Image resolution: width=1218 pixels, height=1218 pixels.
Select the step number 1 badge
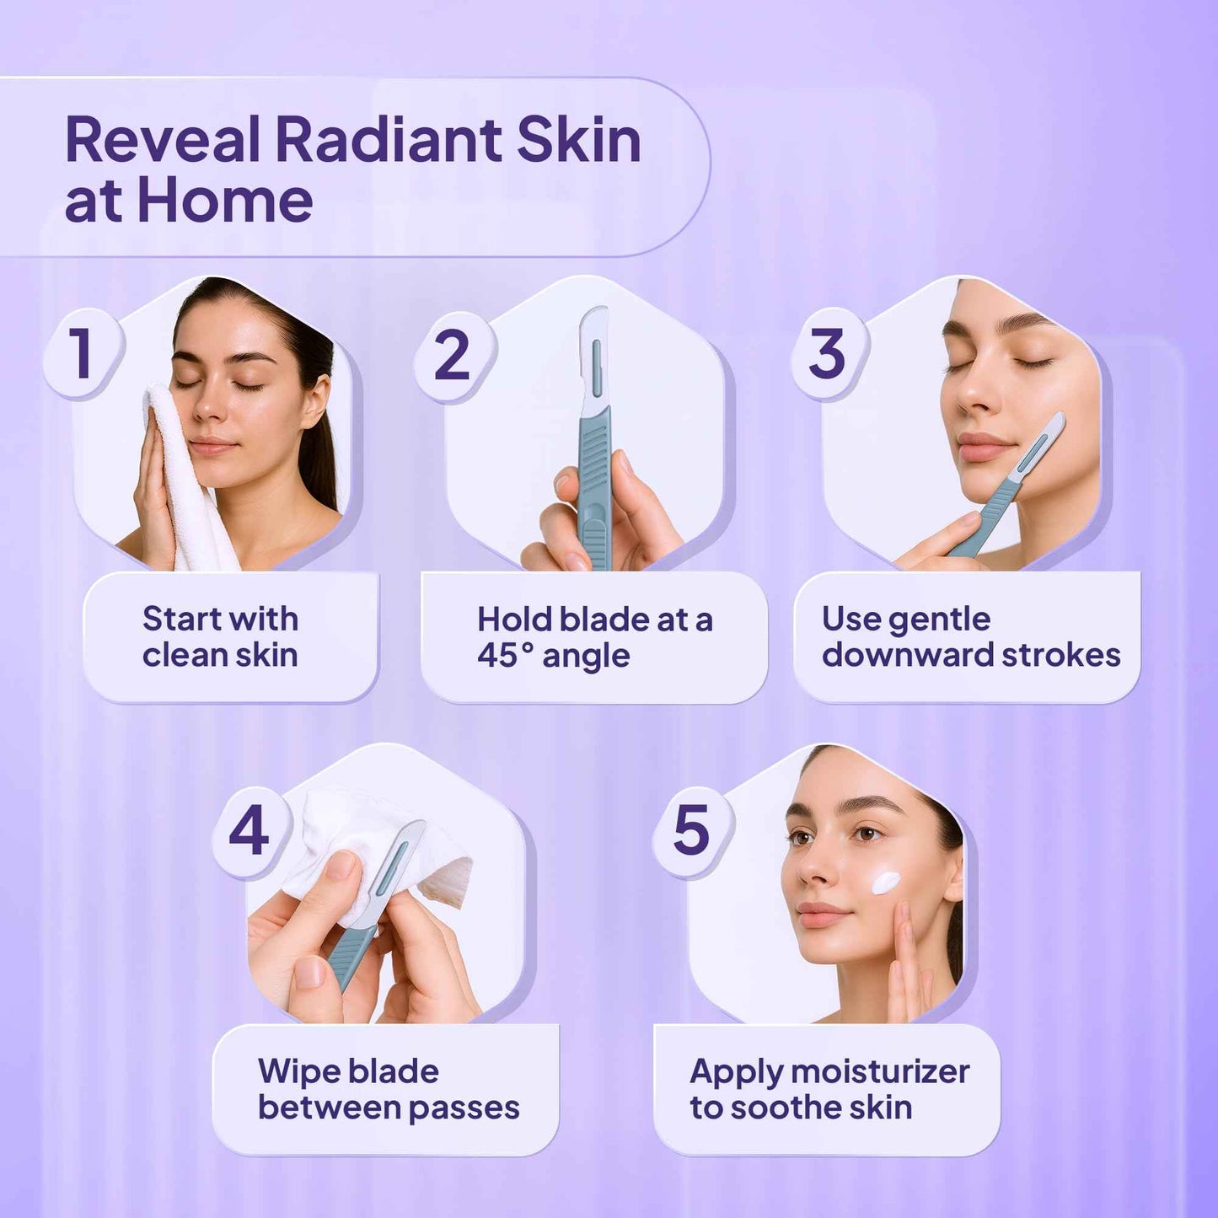(x=82, y=354)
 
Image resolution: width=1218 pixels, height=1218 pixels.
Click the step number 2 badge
(x=452, y=354)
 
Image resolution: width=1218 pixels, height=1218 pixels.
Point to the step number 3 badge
(x=827, y=354)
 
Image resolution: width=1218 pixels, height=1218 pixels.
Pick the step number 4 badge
(x=249, y=830)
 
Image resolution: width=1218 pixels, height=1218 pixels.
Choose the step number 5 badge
(x=691, y=830)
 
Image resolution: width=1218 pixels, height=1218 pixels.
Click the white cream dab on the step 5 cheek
(x=886, y=882)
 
